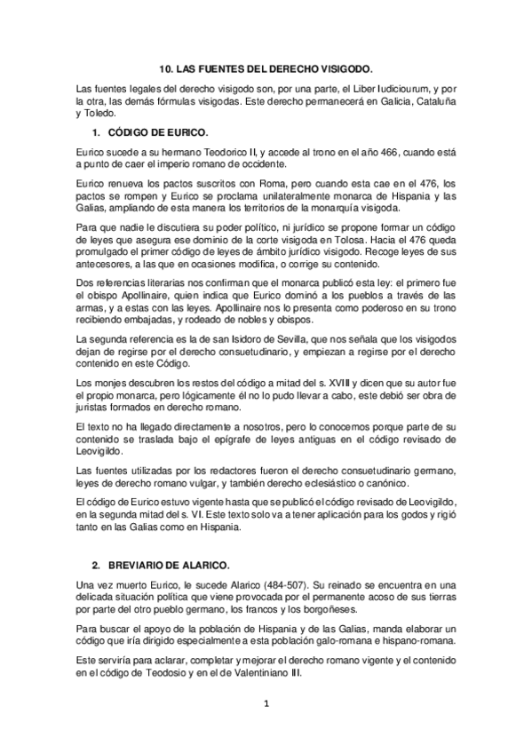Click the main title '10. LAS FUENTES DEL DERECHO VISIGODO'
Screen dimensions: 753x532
266,67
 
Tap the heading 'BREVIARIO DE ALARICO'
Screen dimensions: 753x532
166,566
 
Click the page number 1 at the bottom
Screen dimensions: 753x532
266,705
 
